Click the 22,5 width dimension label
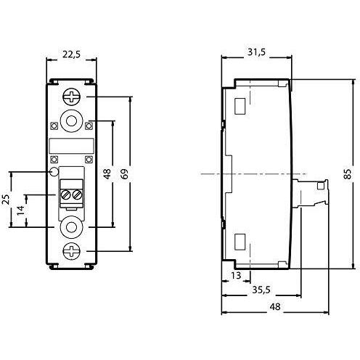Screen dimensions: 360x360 pos(71,54)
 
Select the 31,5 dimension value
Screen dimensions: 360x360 pos(256,52)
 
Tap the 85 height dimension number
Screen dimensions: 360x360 pos(348,174)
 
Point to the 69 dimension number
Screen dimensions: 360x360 pos(125,174)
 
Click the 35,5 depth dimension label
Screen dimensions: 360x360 pos(261,290)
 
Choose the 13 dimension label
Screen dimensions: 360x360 pos(236,275)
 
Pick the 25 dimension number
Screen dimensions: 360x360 pos(7,200)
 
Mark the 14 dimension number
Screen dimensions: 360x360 pos(21,210)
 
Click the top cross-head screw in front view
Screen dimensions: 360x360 pos(71,97)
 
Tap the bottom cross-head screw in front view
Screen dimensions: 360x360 pos(71,251)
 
